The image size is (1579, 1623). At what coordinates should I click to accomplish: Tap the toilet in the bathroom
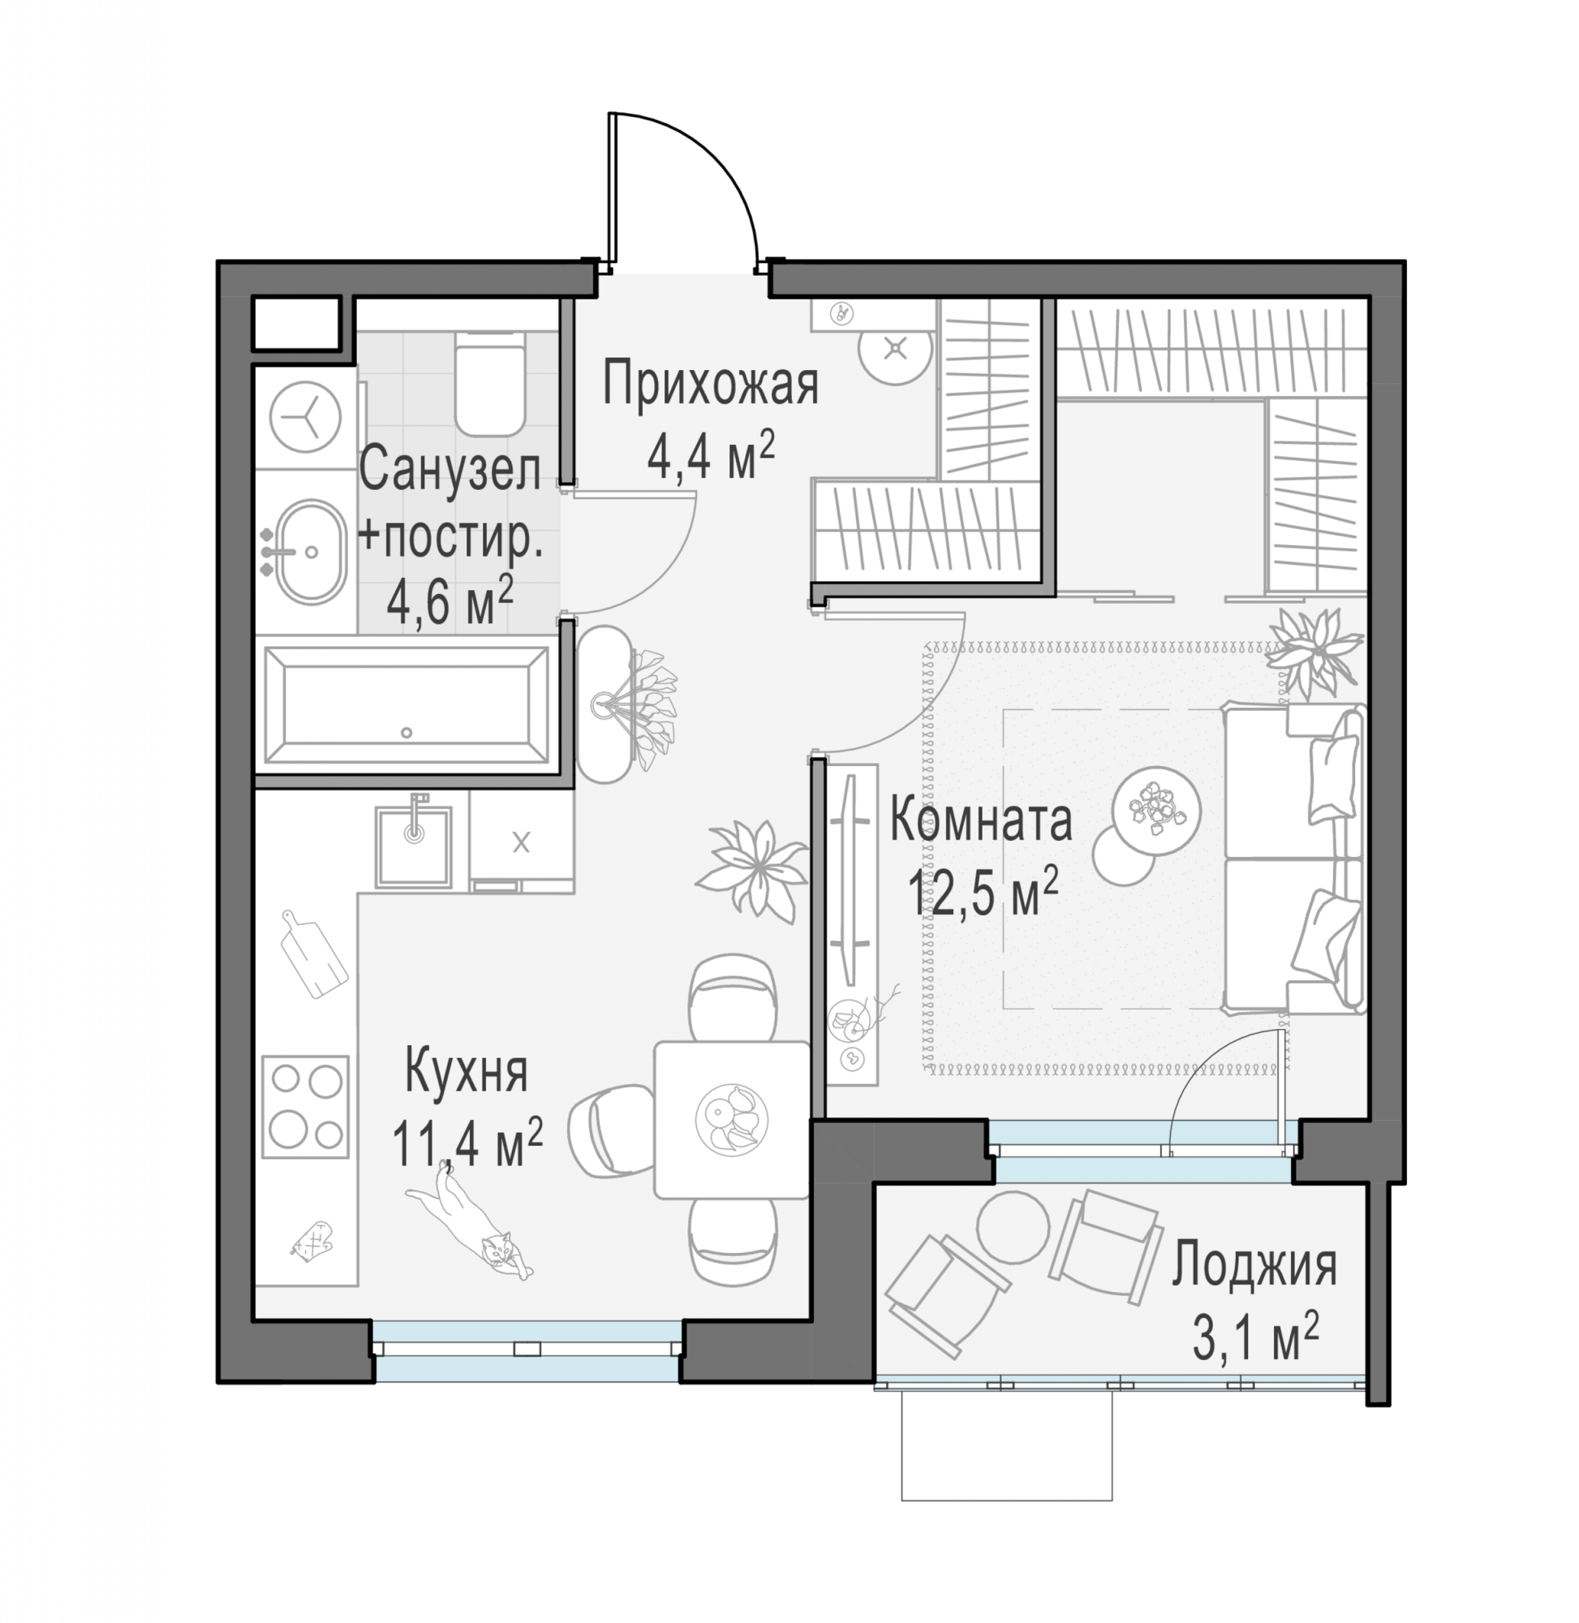(x=490, y=382)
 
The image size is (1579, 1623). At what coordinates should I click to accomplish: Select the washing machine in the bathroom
(x=305, y=417)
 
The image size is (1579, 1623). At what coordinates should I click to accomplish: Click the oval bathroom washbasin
(x=310, y=553)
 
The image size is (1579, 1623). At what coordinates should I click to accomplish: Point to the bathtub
(x=407, y=706)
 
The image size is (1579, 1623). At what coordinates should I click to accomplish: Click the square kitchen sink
(x=414, y=846)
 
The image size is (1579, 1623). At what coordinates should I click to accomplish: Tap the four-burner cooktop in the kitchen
(x=306, y=1106)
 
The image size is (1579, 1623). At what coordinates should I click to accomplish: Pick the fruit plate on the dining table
(x=731, y=1118)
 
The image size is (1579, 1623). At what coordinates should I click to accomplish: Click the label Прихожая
(x=711, y=384)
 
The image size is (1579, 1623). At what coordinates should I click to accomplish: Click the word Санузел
(x=450, y=468)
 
